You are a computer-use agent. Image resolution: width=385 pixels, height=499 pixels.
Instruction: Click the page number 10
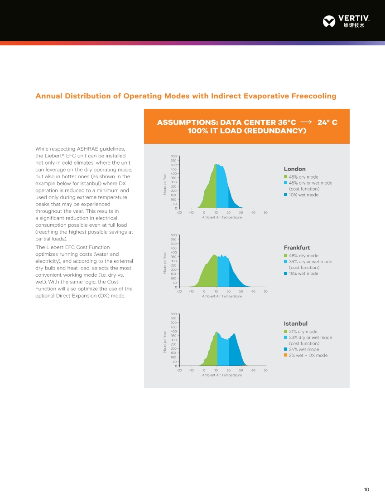366,489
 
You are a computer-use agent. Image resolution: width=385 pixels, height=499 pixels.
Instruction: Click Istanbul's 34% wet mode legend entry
303,349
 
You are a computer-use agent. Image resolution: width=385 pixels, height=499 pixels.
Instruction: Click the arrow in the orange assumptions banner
306,122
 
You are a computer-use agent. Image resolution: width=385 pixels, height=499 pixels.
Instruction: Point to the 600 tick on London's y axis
173,156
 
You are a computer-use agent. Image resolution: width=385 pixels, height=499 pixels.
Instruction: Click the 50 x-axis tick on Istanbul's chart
265,370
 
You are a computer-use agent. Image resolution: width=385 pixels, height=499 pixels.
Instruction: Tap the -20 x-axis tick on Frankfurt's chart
179,291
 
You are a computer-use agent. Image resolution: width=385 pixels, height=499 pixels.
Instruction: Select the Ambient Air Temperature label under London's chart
222,217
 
